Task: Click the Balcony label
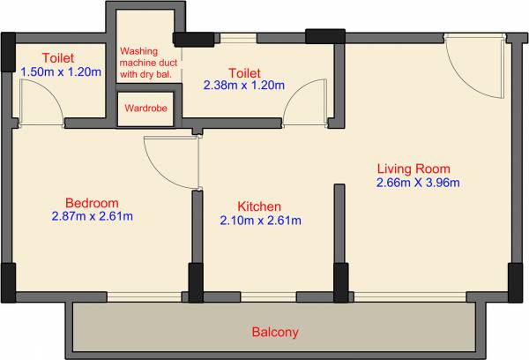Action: pyautogui.click(x=275, y=333)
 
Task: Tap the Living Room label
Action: pyautogui.click(x=414, y=169)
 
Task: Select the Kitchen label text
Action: pyautogui.click(x=259, y=205)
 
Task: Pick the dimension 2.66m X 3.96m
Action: pyautogui.click(x=418, y=183)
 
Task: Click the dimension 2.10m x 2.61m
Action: pyautogui.click(x=260, y=220)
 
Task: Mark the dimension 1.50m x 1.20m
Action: pyautogui.click(x=57, y=71)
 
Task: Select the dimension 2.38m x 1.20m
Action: pyautogui.click(x=243, y=86)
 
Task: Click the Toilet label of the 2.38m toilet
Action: pyautogui.click(x=243, y=71)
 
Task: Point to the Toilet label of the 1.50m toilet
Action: pyautogui.click(x=57, y=57)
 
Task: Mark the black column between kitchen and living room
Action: pyautogui.click(x=339, y=282)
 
